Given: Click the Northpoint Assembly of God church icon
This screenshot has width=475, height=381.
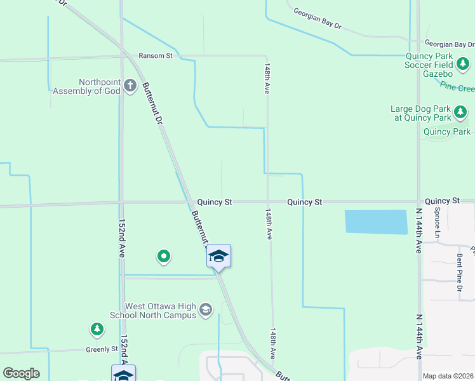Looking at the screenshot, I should pos(130,86).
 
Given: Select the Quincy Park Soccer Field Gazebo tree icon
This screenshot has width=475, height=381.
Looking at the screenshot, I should pos(463,63).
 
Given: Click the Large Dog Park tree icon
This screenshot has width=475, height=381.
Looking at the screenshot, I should pos(460,113).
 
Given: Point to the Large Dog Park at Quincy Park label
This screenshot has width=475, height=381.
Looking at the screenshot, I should pos(420,113).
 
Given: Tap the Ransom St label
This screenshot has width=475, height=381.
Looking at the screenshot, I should pos(156,56).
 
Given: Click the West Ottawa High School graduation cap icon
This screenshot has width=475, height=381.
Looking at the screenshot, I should pos(205,310).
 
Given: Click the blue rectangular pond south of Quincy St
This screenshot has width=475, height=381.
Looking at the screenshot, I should pos(375,222).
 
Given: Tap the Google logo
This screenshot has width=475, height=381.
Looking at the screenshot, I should pos(21,373).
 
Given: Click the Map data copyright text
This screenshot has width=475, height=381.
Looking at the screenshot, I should pos(448,376).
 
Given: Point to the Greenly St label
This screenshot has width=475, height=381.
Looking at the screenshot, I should pos(102,349).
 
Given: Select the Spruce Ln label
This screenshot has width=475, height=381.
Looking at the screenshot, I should pos(437,223).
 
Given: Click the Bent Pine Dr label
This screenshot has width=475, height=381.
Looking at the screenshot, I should pos(459,276).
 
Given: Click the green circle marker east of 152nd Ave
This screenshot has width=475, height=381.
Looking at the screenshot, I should pos(164,256).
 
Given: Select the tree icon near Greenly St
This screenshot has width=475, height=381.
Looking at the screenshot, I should pos(97,329).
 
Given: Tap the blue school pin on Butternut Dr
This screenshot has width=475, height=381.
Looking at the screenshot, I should pos(218,256).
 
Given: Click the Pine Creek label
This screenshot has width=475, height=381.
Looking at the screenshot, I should pos(457,87).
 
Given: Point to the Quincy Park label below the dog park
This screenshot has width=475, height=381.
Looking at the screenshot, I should pos(447,132).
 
